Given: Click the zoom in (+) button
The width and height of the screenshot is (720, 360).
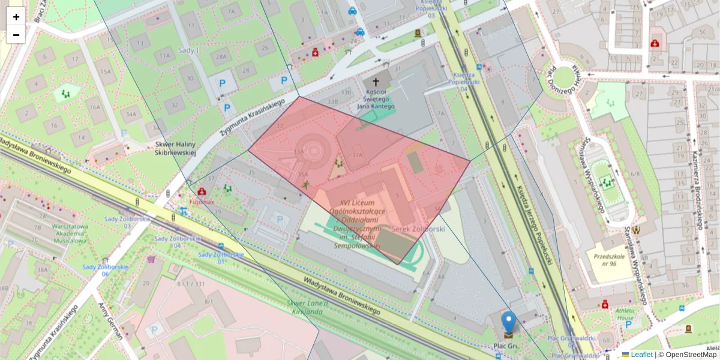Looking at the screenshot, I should coord(16,17).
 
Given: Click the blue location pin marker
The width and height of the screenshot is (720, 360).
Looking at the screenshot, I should coord(508,323).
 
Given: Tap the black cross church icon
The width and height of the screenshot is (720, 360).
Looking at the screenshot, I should coord(376,82).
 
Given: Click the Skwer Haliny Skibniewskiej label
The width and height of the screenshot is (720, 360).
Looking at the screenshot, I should coord(176,148).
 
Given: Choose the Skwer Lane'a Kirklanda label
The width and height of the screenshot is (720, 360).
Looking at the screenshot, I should coord(307,307).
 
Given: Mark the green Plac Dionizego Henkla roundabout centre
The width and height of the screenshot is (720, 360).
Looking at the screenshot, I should coord(563,77).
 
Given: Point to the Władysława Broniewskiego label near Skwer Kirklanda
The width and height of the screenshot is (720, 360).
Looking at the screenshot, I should coord(342,296).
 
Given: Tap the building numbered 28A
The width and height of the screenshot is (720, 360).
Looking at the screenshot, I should coord(221,57).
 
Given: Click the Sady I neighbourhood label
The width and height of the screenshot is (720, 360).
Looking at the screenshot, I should coord(188,50).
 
